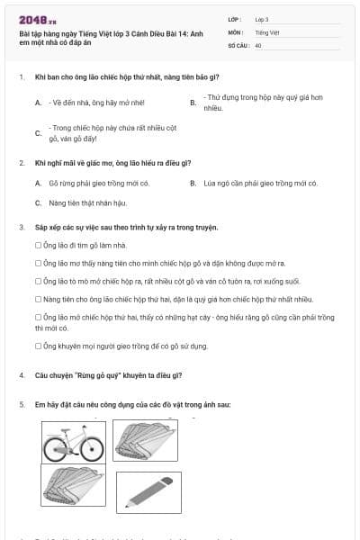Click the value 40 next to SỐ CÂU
pos(258,43)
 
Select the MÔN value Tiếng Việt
pos(267,31)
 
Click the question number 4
pos(21,373)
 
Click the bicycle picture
pos(74,441)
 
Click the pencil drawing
pos(148,491)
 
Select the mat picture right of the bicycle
pos(147,440)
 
